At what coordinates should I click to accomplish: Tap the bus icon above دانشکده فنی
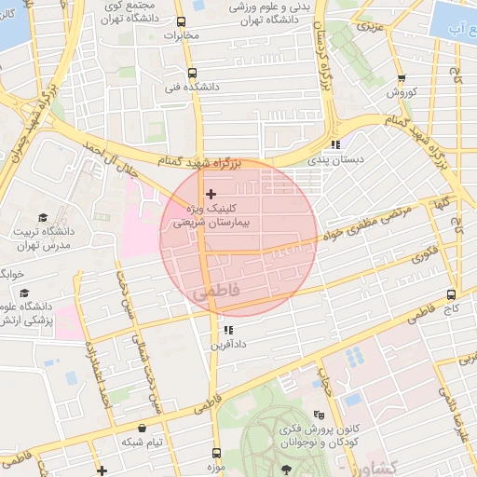tap(192, 73)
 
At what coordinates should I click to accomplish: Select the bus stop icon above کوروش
tap(402, 79)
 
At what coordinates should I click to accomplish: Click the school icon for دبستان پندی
tap(335, 144)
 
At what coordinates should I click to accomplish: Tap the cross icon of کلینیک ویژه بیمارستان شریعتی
tap(211, 193)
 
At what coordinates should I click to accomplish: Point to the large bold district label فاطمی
tap(218, 293)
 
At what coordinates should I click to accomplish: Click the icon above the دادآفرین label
tap(228, 330)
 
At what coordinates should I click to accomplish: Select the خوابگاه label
tap(11, 274)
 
